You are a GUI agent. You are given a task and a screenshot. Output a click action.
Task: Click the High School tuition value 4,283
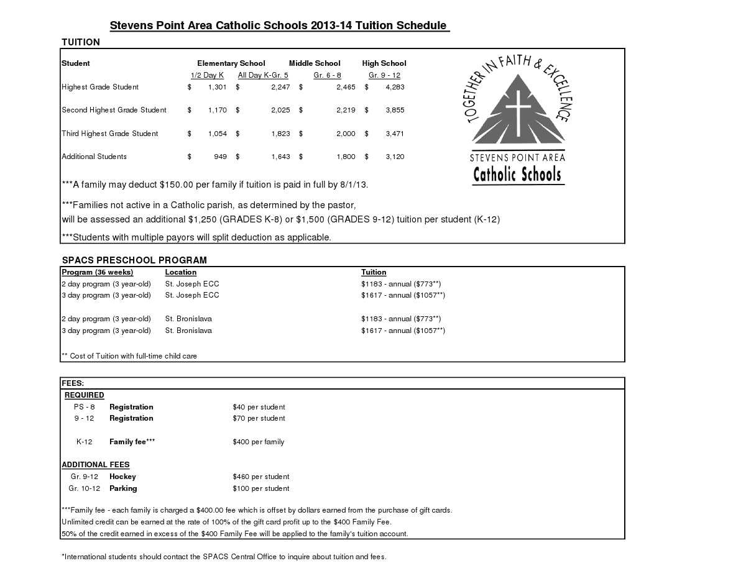(x=395, y=87)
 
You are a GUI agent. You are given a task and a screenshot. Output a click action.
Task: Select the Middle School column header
(x=315, y=63)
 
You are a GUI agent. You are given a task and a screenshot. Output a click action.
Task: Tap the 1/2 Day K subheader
(x=207, y=75)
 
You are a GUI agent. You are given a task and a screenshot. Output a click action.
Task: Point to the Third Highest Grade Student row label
(x=109, y=134)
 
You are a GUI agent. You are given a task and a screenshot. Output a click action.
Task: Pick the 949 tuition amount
(x=220, y=157)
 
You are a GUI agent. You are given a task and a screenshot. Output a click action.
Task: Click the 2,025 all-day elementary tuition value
(x=280, y=110)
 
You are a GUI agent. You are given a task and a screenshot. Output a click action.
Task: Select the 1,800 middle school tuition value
(x=346, y=157)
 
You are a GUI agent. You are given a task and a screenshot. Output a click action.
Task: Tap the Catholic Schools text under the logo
(x=517, y=175)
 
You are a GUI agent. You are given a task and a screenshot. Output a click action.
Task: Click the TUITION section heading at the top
(x=81, y=42)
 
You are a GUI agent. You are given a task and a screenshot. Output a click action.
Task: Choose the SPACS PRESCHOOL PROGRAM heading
(x=134, y=260)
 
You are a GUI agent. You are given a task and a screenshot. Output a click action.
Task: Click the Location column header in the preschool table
(x=180, y=272)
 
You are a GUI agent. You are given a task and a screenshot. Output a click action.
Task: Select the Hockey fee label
(x=122, y=477)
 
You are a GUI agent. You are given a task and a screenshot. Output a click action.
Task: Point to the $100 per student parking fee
(x=260, y=488)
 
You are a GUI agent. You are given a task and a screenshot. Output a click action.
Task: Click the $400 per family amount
(x=258, y=442)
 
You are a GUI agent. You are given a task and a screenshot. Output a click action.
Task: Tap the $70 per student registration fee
(x=259, y=418)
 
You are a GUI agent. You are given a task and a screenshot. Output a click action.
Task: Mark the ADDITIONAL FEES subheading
(x=95, y=465)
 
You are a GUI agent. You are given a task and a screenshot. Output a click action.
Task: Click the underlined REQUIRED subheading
(x=85, y=395)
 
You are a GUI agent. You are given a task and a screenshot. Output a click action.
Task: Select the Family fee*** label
(x=132, y=442)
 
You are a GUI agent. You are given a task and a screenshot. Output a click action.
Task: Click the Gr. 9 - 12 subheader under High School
(x=384, y=75)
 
